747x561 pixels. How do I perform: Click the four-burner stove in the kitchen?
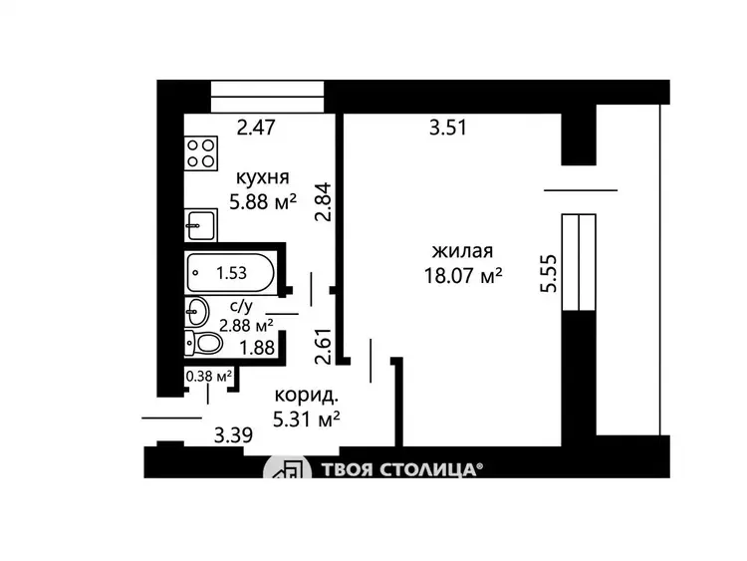pos(201,153)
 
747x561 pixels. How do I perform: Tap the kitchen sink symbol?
pos(201,225)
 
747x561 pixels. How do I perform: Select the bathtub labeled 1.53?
pos(231,273)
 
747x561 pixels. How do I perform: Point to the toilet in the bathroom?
pos(204,343)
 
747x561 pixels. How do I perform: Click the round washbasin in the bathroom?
pos(197,312)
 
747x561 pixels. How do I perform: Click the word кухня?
pos(263,177)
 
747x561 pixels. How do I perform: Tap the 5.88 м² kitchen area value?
pos(263,202)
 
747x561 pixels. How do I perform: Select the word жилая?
pos(462,251)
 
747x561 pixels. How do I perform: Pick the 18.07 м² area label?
pos(463,275)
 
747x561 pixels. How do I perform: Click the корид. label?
pos(307,395)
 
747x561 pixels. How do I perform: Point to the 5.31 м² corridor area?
pos(307,420)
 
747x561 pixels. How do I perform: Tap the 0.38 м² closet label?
pos(209,377)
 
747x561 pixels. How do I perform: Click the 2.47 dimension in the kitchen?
pos(256,128)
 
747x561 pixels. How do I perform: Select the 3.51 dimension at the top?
pos(448,128)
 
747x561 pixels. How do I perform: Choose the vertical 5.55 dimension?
pos(549,274)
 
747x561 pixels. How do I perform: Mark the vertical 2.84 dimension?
pos(323,201)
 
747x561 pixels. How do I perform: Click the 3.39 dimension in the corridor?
pos(233,435)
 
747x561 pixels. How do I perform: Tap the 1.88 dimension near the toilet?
pos(257,348)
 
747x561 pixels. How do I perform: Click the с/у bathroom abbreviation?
pos(242,306)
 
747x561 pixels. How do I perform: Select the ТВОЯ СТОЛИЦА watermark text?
pos(399,470)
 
